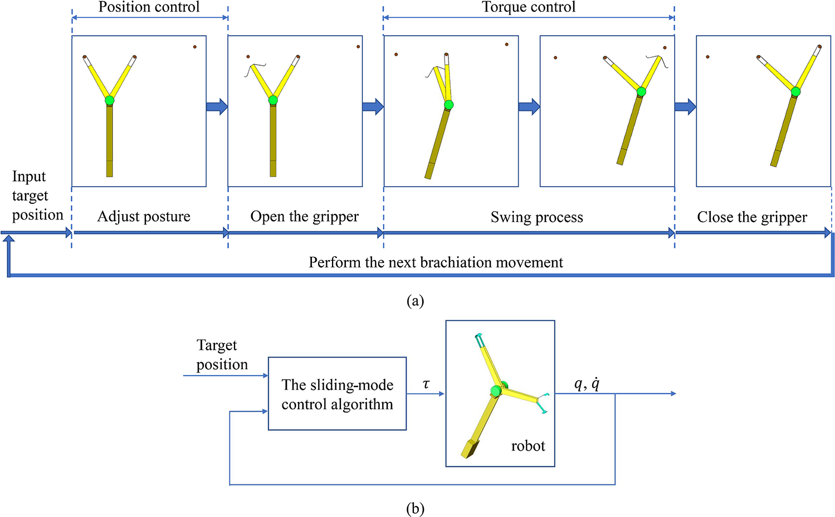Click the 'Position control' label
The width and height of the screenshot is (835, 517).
149,7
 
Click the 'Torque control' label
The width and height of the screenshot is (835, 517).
528,7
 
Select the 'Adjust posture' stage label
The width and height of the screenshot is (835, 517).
144,216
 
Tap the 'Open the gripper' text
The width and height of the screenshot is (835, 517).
304,216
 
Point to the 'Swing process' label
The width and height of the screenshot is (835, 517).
536,217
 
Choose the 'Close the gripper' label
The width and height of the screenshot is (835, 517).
751,217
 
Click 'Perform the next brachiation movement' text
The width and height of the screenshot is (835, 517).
436,262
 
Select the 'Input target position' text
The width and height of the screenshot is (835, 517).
37,196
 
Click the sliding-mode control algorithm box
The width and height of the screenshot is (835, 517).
337,394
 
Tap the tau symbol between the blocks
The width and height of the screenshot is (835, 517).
426,384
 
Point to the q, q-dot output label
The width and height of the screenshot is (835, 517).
587,384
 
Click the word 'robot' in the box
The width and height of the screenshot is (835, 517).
528,446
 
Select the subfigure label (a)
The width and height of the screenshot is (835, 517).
415,301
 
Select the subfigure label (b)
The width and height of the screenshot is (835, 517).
415,509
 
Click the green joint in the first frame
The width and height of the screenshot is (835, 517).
109,100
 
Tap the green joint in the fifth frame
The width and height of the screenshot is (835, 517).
795,91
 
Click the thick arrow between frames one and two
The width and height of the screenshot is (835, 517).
217,106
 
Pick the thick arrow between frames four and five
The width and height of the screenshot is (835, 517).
685,106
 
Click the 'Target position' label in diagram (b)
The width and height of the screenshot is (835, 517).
221,355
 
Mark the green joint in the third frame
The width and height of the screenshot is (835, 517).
448,105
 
